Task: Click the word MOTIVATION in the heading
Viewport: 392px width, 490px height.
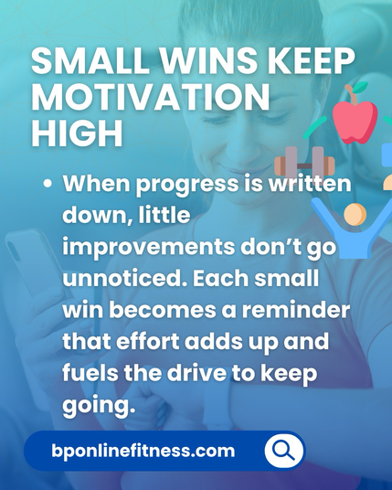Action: coord(151,96)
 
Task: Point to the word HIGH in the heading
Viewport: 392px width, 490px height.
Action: coord(77,133)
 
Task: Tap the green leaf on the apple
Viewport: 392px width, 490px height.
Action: coord(361,86)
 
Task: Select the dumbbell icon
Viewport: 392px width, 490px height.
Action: coord(304,162)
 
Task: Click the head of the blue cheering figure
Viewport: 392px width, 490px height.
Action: coord(355,214)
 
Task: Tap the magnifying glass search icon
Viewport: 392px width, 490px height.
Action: coord(283,451)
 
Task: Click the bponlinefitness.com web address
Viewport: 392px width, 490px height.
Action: coord(143,451)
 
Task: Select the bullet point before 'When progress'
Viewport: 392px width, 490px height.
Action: coord(48,184)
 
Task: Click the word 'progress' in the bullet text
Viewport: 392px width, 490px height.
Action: coord(186,186)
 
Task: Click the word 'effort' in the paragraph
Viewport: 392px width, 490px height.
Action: coord(148,341)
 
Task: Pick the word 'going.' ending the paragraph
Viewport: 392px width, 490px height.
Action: coord(99,406)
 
